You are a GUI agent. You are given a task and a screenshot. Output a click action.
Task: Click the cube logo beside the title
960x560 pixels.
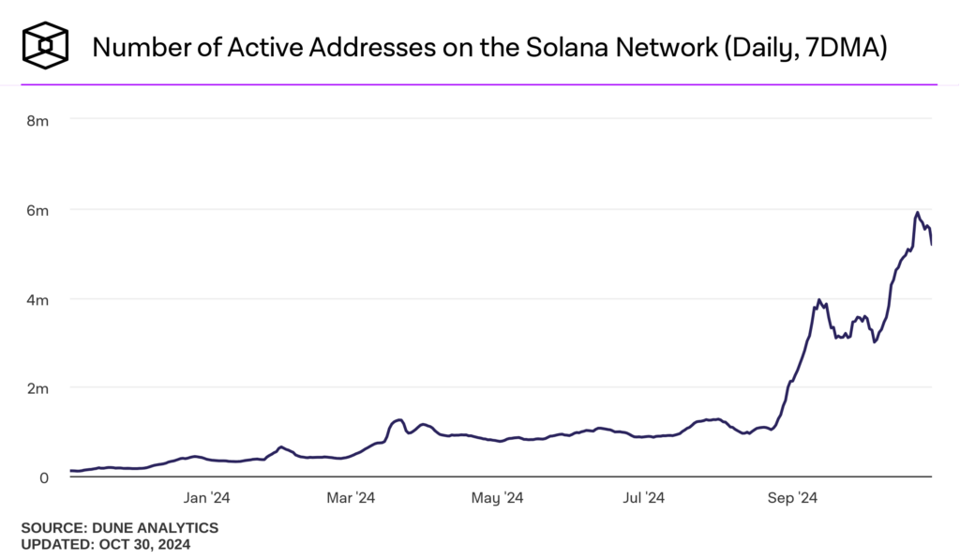coord(46,45)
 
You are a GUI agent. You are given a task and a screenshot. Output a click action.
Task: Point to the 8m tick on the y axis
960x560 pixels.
coord(37,120)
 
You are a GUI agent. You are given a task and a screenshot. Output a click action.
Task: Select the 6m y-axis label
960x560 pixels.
coord(37,210)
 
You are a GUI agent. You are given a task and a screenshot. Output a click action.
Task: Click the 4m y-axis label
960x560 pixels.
coord(37,299)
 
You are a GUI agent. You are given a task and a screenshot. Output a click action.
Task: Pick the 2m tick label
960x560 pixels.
coord(37,388)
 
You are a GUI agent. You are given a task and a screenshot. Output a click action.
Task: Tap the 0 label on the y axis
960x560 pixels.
coord(43,477)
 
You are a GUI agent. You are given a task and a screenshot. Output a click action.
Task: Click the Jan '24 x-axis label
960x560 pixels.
coord(207,498)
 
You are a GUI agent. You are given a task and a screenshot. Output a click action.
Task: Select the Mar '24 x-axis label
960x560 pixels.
coord(352,498)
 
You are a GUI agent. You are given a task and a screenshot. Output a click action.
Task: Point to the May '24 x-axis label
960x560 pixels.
coord(500,498)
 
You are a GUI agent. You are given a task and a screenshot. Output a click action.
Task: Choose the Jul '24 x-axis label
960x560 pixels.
coord(645,498)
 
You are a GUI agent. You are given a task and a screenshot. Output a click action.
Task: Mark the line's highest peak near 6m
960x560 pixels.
coord(917,212)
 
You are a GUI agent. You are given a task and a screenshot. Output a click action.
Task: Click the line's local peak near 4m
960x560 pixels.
coord(819,300)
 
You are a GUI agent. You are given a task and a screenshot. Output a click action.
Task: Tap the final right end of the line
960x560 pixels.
coord(931,245)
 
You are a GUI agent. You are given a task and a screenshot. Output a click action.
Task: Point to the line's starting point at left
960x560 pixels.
coord(71,471)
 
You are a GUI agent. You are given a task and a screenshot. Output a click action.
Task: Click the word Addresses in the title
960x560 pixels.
coord(380,46)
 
